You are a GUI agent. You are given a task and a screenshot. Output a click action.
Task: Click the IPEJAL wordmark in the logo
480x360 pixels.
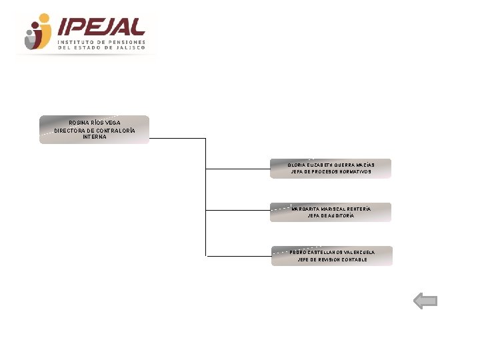(x=101, y=27)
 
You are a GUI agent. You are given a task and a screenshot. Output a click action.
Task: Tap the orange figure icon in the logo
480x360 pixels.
(x=41, y=31)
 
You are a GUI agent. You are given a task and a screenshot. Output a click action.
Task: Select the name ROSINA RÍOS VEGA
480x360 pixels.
(x=95, y=123)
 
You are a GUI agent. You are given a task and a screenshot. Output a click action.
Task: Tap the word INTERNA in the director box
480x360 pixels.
(x=95, y=137)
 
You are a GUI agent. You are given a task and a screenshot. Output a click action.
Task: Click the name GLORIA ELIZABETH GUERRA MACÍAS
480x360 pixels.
(x=331, y=165)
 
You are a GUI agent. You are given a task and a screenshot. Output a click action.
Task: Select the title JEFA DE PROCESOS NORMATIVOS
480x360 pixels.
(x=331, y=172)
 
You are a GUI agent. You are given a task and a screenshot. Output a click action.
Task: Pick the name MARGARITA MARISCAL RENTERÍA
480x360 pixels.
(x=331, y=209)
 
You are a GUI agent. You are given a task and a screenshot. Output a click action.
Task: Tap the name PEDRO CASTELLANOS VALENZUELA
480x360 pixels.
(x=332, y=252)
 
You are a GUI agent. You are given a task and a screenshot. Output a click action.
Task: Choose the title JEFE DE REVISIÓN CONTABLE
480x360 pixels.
(x=332, y=259)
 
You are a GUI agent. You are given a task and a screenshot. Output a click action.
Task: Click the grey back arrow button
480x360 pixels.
(x=425, y=301)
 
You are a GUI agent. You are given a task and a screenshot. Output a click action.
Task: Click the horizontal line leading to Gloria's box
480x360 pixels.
(x=237, y=169)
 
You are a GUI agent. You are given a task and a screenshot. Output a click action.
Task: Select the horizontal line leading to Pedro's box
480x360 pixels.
(x=238, y=255)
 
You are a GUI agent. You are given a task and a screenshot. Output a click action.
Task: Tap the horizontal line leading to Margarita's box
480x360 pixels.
(x=237, y=212)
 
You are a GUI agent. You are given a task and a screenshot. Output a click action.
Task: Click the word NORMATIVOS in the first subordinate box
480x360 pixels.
(x=355, y=172)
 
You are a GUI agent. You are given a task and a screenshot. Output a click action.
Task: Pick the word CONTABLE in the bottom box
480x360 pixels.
(x=353, y=259)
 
